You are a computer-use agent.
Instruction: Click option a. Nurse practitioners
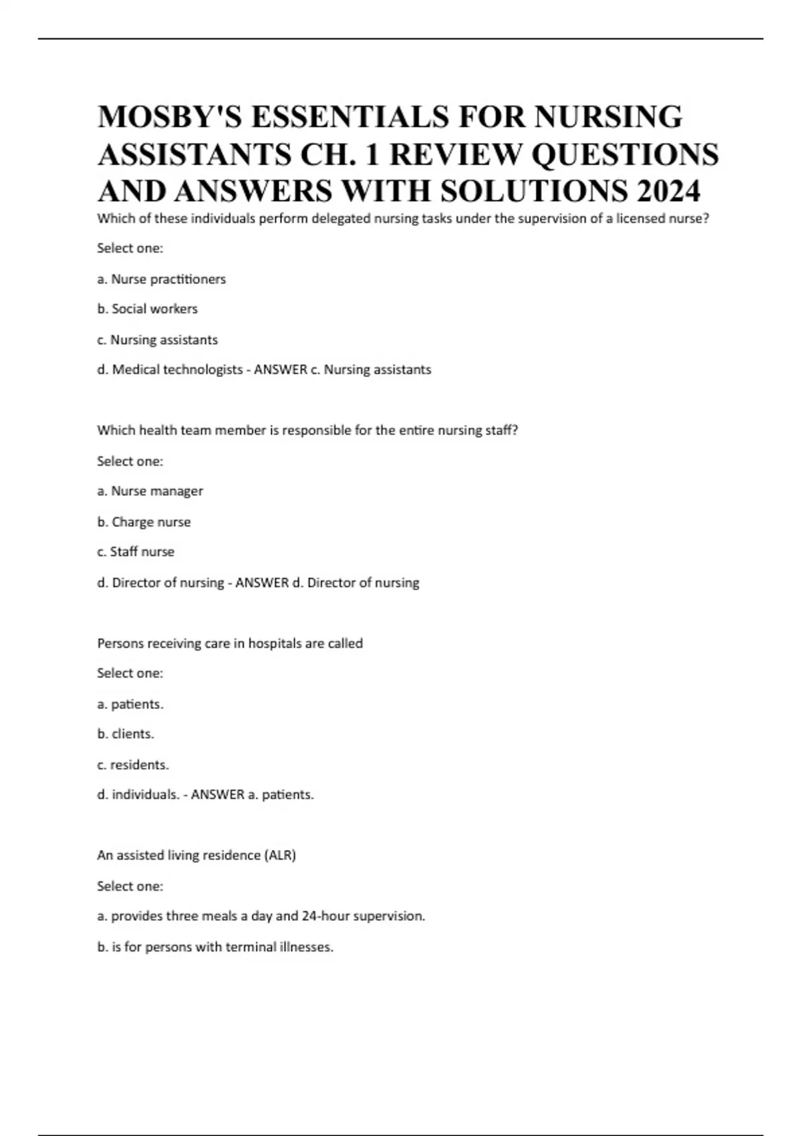(161, 279)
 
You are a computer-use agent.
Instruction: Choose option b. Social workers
(147, 309)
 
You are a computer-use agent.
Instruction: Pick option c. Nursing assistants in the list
(157, 339)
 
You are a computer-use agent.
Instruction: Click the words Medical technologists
(177, 370)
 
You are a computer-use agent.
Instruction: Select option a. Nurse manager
(150, 491)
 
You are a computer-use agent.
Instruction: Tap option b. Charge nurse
(144, 522)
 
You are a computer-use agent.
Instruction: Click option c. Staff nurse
(136, 552)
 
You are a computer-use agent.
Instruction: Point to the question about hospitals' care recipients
(230, 644)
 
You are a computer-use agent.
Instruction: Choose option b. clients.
(126, 734)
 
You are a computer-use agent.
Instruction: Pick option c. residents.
(133, 764)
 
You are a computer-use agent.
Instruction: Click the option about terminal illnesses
(215, 947)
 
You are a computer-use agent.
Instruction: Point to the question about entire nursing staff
(307, 430)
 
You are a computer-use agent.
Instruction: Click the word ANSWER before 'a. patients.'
(218, 795)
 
